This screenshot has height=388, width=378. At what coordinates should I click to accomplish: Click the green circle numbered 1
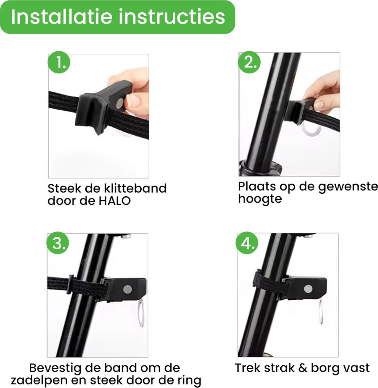pos(59,62)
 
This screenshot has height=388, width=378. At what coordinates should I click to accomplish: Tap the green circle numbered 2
pos(249,62)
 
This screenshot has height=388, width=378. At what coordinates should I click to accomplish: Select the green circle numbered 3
pos(58,242)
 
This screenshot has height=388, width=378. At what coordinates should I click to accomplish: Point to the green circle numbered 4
pos(247,242)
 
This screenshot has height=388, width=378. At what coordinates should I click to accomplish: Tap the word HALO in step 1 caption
pos(115,201)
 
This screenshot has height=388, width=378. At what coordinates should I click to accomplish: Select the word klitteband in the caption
pos(135,188)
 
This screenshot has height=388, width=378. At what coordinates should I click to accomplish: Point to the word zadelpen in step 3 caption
pos(39,381)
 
